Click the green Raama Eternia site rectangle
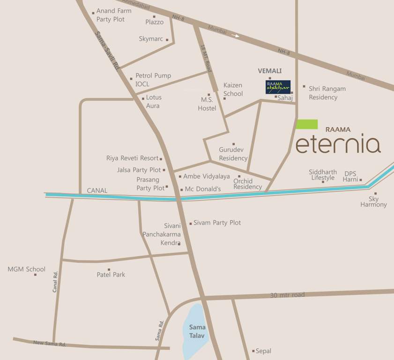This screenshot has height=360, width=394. [x=307, y=124]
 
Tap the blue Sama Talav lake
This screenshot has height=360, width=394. [x=196, y=328]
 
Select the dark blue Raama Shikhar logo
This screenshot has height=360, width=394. [x=278, y=87]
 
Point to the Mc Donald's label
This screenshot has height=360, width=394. [x=203, y=189]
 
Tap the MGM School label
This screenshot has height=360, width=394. [x=27, y=269]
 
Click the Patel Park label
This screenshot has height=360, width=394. [x=111, y=275]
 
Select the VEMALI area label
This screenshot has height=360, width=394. [x=270, y=71]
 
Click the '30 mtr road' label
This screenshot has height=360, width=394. [x=288, y=295]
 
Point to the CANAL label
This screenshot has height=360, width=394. [x=97, y=191]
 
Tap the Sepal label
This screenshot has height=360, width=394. [x=263, y=351]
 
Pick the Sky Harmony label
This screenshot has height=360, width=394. [x=374, y=202]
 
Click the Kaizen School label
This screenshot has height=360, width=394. [x=233, y=89]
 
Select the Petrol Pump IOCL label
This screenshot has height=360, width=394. [x=153, y=80]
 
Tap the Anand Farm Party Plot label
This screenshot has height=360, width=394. [x=114, y=15]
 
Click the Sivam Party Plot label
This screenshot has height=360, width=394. [x=217, y=223]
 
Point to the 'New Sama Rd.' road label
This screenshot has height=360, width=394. [x=50, y=344]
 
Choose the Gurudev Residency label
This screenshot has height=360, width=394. [x=233, y=154]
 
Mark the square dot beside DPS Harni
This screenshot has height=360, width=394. [x=361, y=180]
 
